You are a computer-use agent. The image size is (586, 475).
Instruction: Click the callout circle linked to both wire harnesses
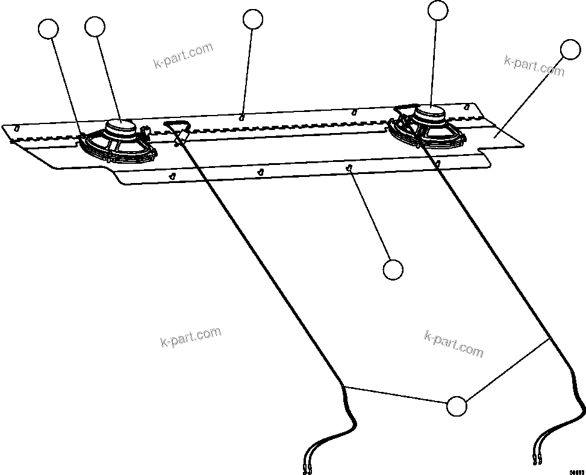click(457, 406)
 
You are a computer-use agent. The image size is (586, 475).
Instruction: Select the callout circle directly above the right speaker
click(438, 10)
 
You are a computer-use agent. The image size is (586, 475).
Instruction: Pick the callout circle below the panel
click(393, 270)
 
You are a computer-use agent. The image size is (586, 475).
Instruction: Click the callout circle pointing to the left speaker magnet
click(95, 26)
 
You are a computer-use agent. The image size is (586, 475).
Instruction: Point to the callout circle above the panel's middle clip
click(253, 19)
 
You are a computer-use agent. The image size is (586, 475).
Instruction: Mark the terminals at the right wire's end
click(537, 461)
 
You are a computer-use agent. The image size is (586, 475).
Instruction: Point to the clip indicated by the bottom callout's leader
click(349, 169)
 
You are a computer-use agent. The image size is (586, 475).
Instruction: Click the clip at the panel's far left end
click(17, 128)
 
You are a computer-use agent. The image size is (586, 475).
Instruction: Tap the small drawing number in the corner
click(577, 471)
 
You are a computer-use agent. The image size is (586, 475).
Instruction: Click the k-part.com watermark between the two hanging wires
click(454, 344)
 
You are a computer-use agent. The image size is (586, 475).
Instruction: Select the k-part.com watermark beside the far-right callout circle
click(534, 65)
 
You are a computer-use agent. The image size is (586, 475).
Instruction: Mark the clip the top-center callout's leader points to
click(242, 117)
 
